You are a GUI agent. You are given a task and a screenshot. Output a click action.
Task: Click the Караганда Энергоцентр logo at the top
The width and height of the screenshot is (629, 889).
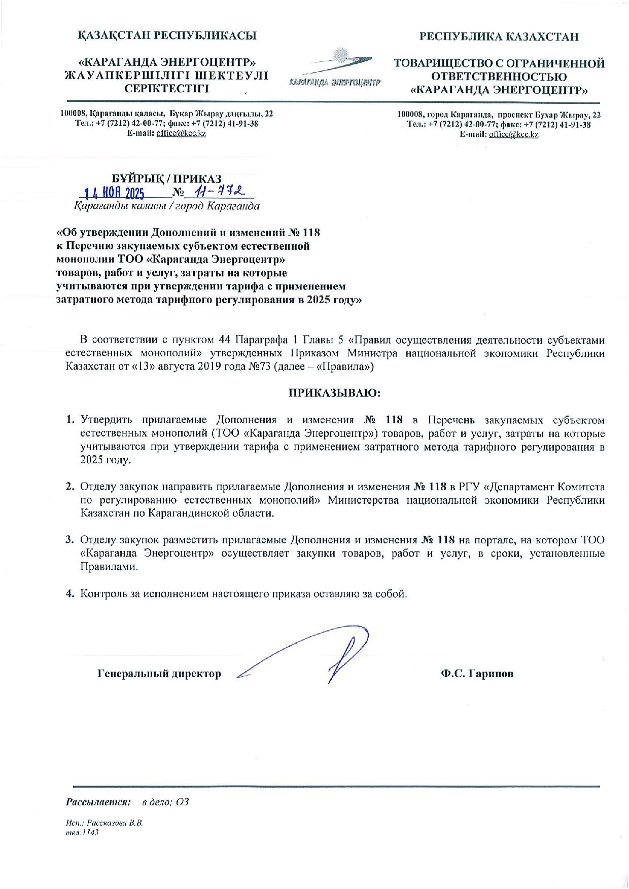click(x=335, y=68)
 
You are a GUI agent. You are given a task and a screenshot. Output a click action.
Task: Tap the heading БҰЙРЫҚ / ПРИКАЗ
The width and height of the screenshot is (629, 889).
click(x=166, y=178)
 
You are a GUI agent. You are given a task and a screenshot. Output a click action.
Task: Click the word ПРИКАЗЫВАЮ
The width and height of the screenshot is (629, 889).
click(x=334, y=393)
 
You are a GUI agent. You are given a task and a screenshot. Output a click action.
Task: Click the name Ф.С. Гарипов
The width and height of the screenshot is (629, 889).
click(x=477, y=674)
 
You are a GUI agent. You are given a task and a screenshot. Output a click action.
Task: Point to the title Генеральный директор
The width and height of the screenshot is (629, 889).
click(x=159, y=674)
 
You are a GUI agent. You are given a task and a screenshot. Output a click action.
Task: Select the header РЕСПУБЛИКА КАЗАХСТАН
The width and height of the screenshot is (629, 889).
click(x=498, y=36)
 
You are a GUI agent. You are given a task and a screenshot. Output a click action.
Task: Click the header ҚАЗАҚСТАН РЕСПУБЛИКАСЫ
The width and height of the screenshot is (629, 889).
click(x=166, y=35)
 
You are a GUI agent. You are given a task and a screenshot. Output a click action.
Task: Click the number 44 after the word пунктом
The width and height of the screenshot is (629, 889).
click(x=226, y=339)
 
